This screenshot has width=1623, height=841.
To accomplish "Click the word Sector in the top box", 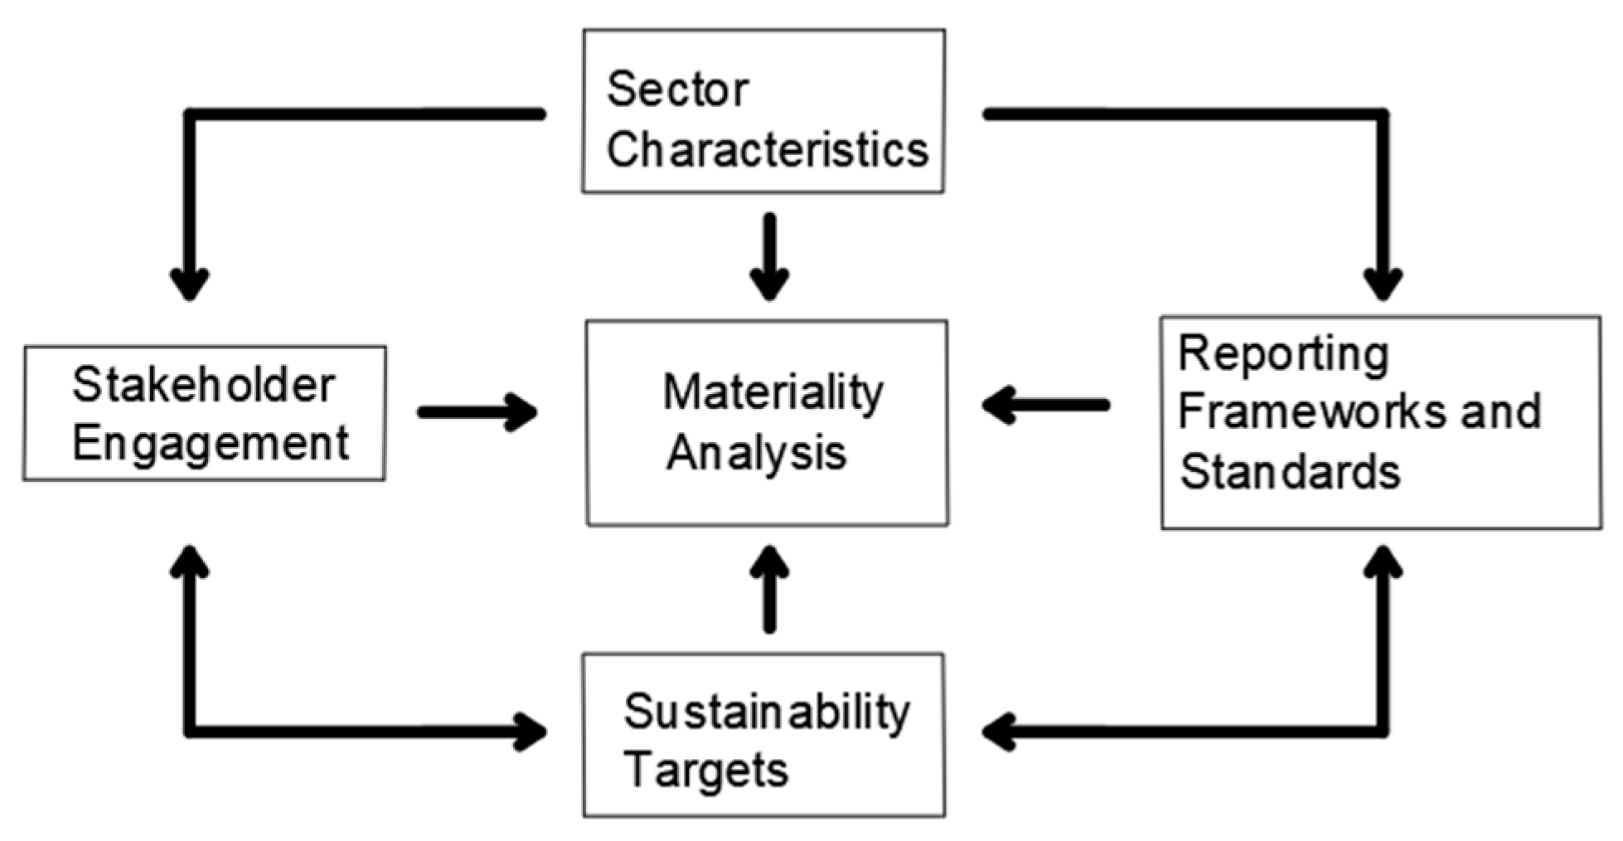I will pyautogui.click(x=677, y=89).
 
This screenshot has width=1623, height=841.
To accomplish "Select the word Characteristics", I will pyautogui.click(x=768, y=150).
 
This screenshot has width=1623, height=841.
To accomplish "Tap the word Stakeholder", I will pyautogui.click(x=204, y=385).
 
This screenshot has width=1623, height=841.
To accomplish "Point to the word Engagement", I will pyautogui.click(x=211, y=444).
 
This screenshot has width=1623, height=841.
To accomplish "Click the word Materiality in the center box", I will pyautogui.click(x=773, y=392).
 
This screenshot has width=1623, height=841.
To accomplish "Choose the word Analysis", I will pyautogui.click(x=756, y=453).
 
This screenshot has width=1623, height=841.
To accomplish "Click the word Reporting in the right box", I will pyautogui.click(x=1283, y=356).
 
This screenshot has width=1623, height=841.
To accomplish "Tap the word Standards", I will pyautogui.click(x=1290, y=471).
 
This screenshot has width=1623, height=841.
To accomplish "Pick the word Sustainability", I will pyautogui.click(x=767, y=712).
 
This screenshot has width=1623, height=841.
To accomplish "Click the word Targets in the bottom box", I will pyautogui.click(x=706, y=770).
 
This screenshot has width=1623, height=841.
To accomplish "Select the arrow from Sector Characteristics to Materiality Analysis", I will pyautogui.click(x=769, y=257).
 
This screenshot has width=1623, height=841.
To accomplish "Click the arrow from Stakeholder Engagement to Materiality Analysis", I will pyautogui.click(x=477, y=412).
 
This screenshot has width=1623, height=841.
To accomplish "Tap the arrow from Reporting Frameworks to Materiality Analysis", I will pyautogui.click(x=1046, y=406).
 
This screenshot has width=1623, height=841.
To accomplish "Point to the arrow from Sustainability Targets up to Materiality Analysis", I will pyautogui.click(x=769, y=589).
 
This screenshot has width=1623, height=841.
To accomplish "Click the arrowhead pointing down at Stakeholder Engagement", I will pyautogui.click(x=190, y=286).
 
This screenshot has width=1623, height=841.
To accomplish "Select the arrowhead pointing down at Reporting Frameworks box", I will pyautogui.click(x=1383, y=286).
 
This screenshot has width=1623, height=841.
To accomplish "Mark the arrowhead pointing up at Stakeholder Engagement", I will pyautogui.click(x=190, y=561).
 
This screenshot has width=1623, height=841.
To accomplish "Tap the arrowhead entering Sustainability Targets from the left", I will pyautogui.click(x=531, y=732).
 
